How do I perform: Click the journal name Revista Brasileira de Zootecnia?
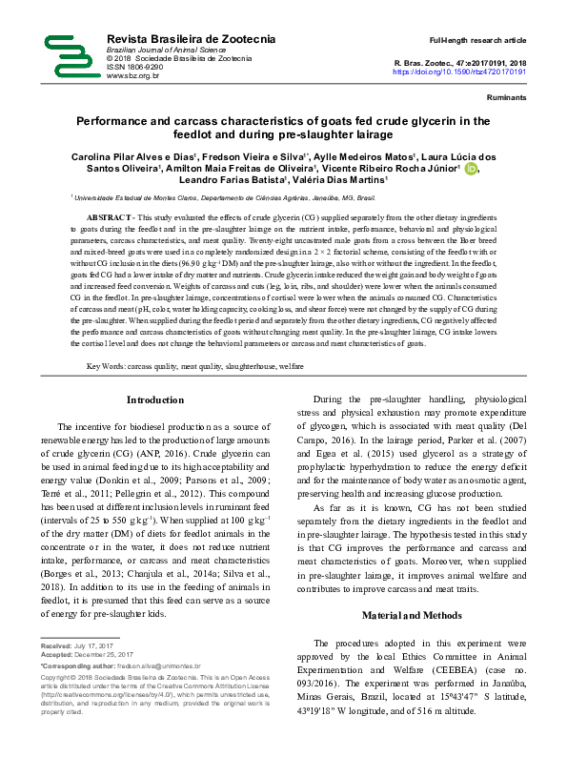click(192, 37)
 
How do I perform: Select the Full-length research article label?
click(477, 41)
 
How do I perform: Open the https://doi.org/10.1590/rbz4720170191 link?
click(459, 72)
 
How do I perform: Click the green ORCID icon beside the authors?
click(471, 169)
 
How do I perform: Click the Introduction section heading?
click(154, 399)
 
